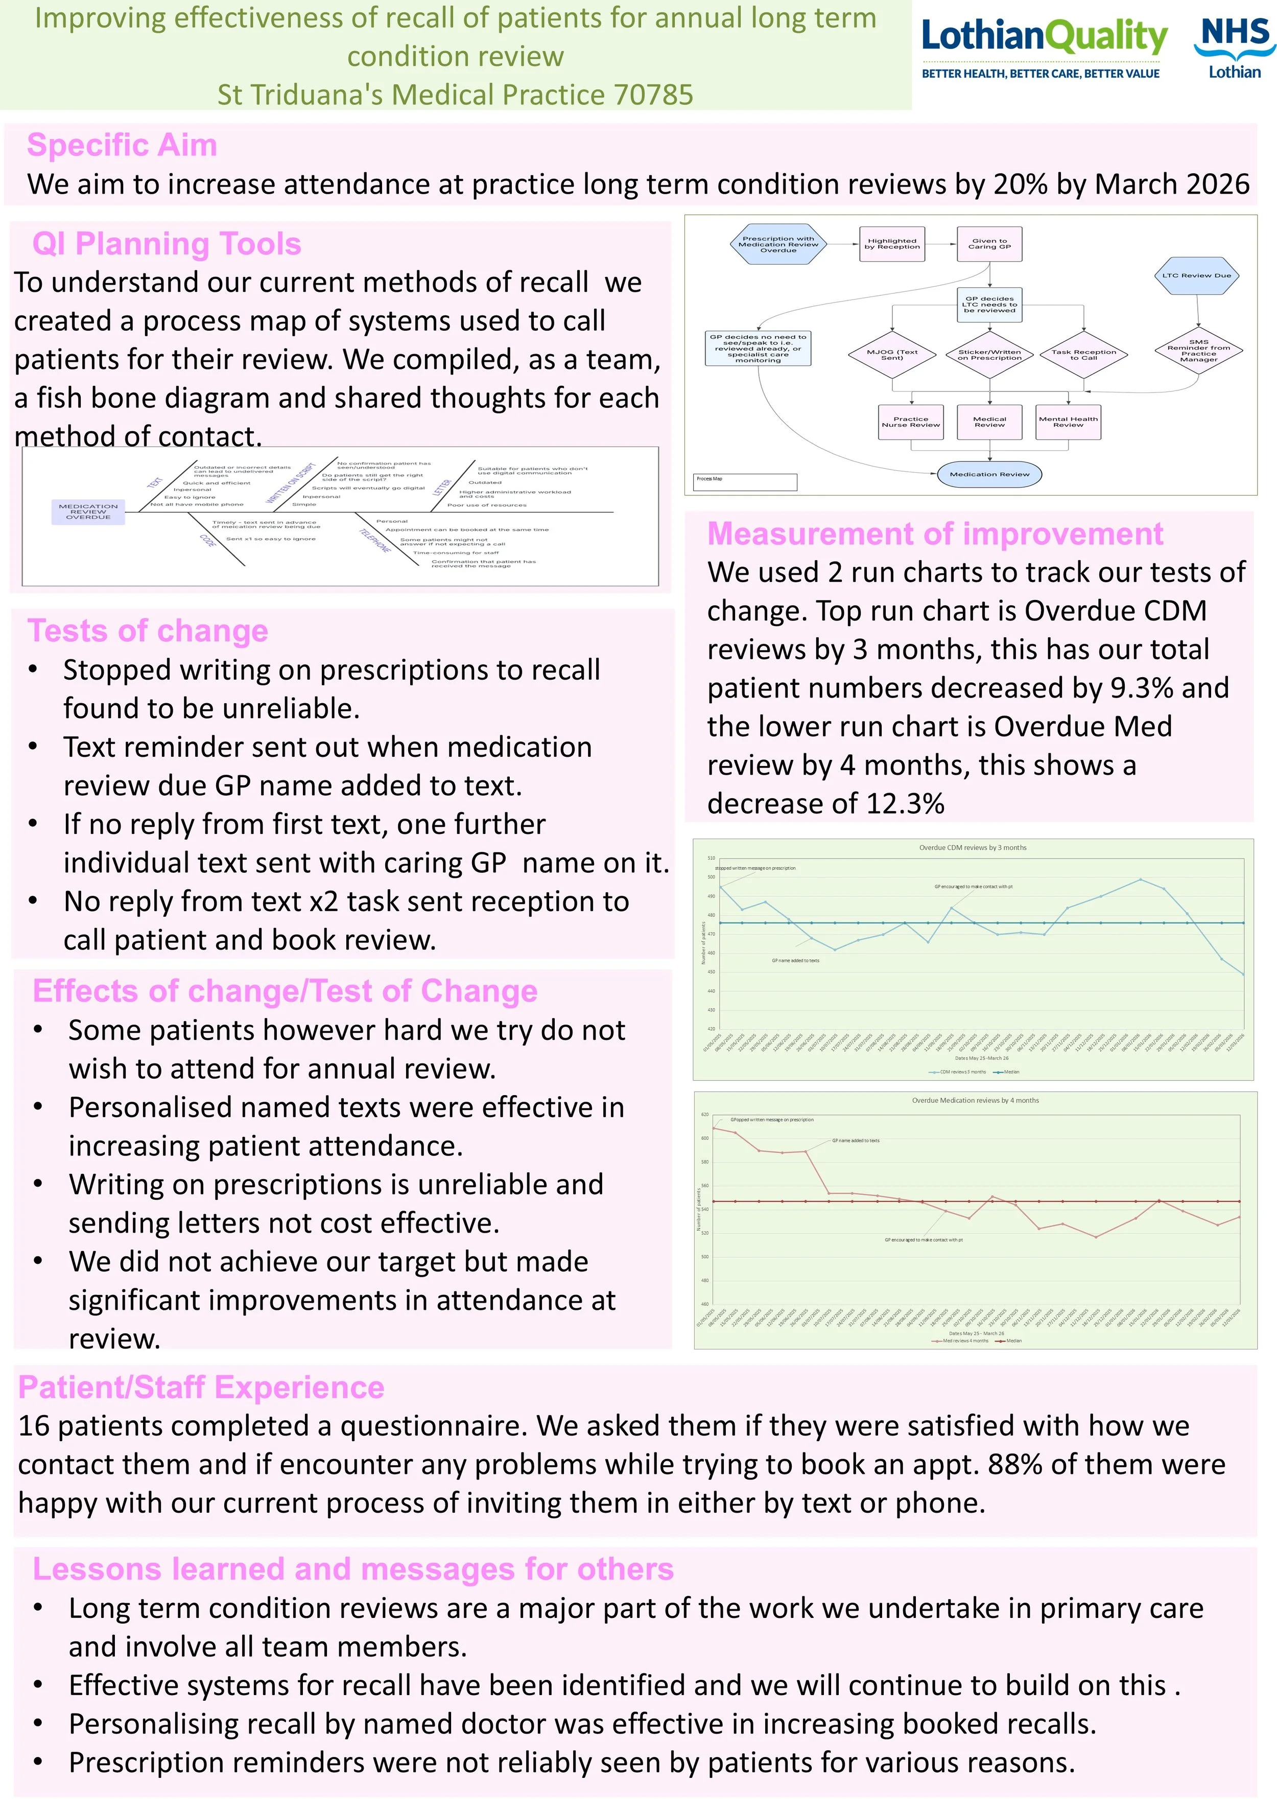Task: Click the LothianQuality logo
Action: point(1044,47)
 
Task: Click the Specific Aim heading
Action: point(122,146)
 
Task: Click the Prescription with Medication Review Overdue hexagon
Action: point(778,244)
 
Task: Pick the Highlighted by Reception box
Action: point(892,244)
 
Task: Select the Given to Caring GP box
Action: point(989,244)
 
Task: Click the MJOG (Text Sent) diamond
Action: point(892,355)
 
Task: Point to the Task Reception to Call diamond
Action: point(1083,355)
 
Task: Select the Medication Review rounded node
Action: point(989,474)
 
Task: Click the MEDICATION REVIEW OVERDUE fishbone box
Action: point(88,511)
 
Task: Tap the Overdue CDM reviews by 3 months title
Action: point(973,848)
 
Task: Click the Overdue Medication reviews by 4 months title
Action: point(975,1100)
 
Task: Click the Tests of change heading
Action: point(148,631)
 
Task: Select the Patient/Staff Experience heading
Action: point(201,1387)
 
